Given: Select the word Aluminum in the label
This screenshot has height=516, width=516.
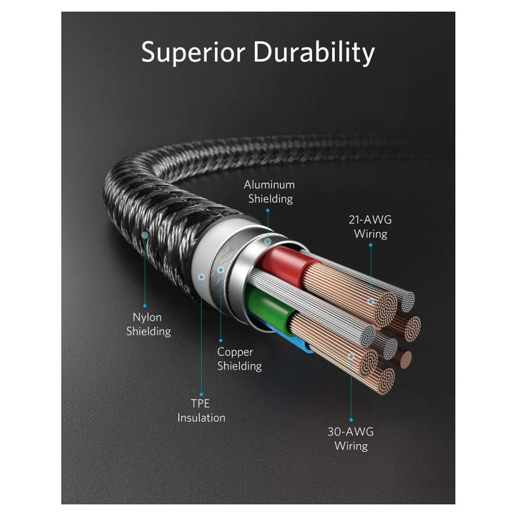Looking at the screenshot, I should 269,185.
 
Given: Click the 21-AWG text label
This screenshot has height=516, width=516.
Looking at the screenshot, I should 370,220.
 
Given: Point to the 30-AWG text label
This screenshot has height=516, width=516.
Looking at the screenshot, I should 351,432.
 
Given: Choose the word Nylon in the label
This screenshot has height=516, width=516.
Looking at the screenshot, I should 147,317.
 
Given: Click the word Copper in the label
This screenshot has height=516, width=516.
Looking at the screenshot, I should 235,352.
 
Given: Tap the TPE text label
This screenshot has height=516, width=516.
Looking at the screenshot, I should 201,403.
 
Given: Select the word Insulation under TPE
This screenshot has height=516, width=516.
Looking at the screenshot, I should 201,417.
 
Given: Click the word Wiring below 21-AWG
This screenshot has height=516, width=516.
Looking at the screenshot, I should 370,234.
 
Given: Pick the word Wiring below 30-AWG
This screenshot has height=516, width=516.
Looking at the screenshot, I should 351,446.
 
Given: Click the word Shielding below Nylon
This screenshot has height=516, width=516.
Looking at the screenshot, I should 148,332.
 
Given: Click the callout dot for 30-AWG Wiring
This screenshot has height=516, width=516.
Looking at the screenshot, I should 351,355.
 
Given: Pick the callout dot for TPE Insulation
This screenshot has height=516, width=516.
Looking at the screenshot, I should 201,276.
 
